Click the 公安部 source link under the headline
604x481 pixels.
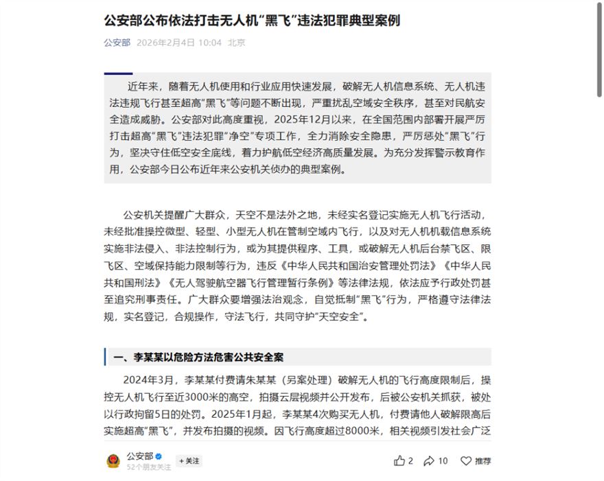117,43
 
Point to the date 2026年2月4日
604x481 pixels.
165,43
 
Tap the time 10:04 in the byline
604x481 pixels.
209,43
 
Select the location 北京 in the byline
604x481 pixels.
237,43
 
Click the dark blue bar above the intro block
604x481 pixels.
118,73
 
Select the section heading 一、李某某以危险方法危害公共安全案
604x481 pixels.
198,357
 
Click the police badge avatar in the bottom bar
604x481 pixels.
113,461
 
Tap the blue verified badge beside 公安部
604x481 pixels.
159,456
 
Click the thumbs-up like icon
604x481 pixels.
399,461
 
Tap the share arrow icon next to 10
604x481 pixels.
429,461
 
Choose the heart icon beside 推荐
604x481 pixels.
466,461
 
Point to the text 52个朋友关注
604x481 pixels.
149,467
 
